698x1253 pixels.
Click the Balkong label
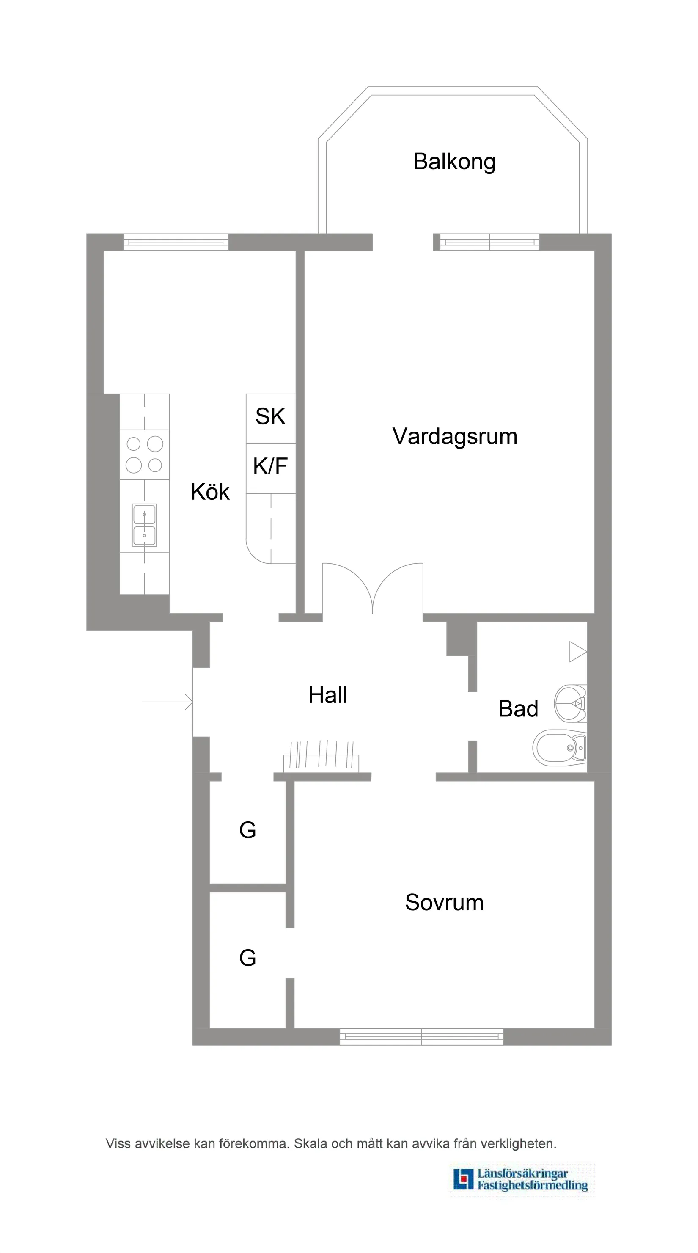coord(454,162)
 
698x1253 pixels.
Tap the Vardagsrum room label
coord(454,436)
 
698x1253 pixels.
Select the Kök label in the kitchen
coord(210,492)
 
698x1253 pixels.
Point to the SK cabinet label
coord(270,416)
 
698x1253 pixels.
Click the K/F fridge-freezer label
coord(270,466)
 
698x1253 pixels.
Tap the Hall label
coord(328,695)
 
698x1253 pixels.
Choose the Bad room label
coord(518,709)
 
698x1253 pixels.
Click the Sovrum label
coord(444,903)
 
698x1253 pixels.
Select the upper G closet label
coord(247,830)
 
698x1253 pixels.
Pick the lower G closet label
coord(247,958)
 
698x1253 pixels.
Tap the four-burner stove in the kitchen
coord(144,454)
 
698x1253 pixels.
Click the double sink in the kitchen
coord(144,525)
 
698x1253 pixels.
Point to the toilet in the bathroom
coord(561,748)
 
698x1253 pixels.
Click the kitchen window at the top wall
coord(176,242)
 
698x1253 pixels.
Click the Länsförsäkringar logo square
coord(463,1179)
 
